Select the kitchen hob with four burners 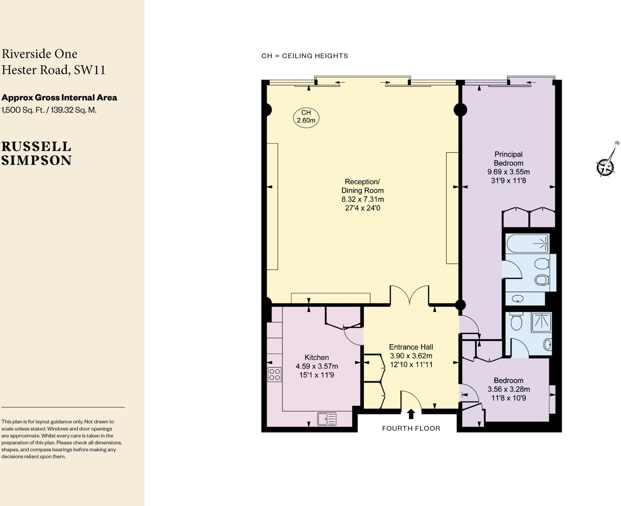[x=274, y=375]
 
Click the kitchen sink [x=327, y=419]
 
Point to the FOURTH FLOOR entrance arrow [x=411, y=414]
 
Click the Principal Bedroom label [x=509, y=158]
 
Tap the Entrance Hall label [x=411, y=347]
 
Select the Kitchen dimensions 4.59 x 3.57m [x=317, y=366]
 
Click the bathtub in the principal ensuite [x=527, y=243]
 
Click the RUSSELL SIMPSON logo [x=36, y=154]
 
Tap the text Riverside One [x=39, y=54]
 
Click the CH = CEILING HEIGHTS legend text [x=305, y=56]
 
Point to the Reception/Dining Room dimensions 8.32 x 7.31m [x=362, y=199]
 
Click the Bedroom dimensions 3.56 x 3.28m [x=509, y=389]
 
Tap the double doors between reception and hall [x=409, y=295]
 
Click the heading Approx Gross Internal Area [x=59, y=98]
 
